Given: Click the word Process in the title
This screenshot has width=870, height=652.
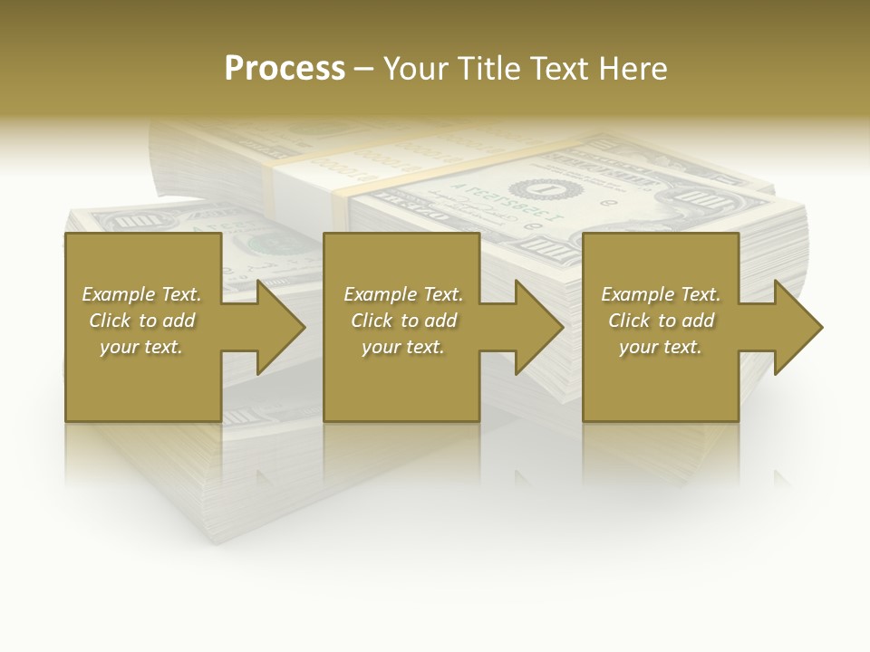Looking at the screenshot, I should [285, 69].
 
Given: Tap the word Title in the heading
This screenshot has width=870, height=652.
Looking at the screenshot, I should [489, 69].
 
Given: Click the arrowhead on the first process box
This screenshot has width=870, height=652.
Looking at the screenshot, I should [279, 327].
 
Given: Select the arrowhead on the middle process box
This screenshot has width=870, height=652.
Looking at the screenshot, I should [538, 327].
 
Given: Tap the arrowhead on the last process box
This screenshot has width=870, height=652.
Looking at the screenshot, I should [797, 327].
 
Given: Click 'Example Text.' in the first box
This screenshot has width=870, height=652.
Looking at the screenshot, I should [141, 294].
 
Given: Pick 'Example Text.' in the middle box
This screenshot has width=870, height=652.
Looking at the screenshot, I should [403, 294].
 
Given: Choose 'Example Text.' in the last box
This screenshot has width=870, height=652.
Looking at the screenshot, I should [661, 294].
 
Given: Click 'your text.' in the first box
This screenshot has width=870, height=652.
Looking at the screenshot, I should [141, 347].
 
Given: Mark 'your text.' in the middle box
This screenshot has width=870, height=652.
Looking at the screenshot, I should [403, 347].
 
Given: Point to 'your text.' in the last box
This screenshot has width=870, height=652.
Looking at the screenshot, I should [661, 347].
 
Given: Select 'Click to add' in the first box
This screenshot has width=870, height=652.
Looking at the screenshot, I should [141, 321].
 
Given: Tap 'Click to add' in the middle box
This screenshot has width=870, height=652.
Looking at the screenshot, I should [403, 321].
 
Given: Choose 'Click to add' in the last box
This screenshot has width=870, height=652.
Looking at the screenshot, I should [661, 321].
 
